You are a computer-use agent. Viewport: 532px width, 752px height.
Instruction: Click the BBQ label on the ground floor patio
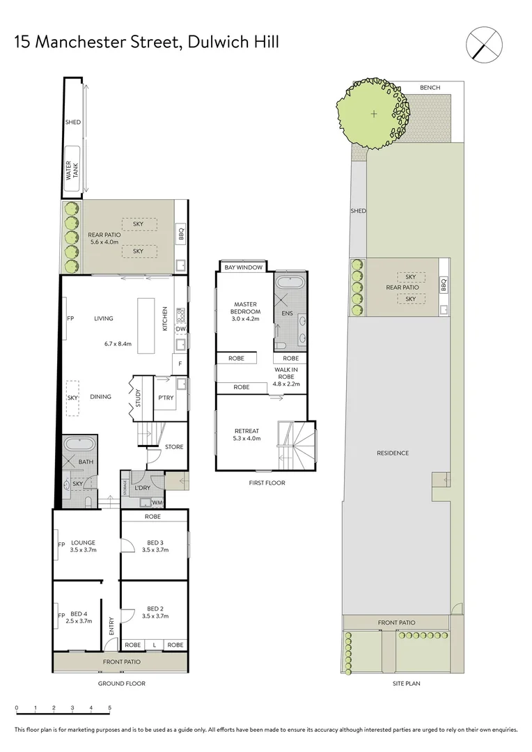pos(181,235)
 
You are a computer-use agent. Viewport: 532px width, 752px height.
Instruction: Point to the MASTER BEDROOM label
pos(247,308)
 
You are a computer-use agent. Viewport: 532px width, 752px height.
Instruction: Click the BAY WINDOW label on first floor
pos(243,267)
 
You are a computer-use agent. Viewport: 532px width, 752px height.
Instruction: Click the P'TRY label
pos(166,398)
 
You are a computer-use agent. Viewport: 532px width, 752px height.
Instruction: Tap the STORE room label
pos(174,446)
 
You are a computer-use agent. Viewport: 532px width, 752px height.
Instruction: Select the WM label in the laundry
pos(158,502)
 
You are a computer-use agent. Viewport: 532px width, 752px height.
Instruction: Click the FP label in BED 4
pos(61,616)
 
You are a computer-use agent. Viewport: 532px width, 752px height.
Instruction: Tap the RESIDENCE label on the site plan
pos(393,453)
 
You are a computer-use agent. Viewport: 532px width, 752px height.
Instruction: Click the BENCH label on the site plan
pos(430,88)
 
